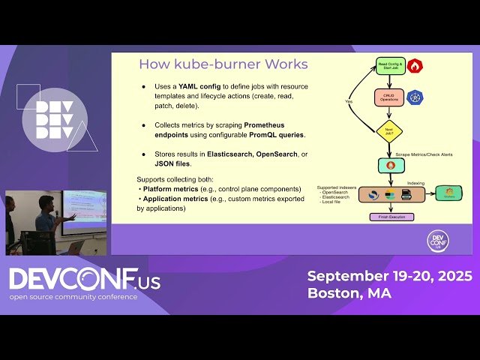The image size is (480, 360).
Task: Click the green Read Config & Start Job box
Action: (389, 67)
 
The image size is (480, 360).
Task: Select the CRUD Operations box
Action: (389, 97)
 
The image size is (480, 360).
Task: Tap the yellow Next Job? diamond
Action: (389, 132)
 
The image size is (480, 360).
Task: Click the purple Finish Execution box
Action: (390, 217)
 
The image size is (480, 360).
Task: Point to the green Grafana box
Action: (448, 193)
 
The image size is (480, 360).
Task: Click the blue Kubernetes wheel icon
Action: (415, 97)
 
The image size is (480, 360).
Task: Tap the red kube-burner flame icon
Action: (414, 66)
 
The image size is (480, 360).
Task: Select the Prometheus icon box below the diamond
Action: (390, 165)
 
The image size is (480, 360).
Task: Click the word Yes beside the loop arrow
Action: (349, 100)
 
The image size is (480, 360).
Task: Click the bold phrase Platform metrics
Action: (171, 189)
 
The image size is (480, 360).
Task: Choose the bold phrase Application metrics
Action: (177, 199)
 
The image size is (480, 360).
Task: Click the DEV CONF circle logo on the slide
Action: (438, 240)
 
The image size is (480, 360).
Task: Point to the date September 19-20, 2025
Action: (389, 276)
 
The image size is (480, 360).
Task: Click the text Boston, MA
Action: (349, 293)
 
